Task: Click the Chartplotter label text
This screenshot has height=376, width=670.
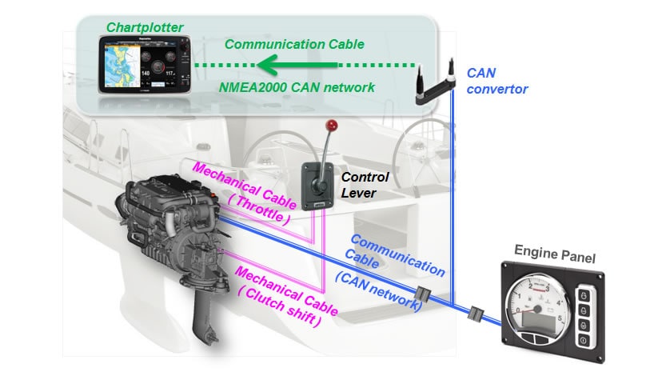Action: (x=145, y=27)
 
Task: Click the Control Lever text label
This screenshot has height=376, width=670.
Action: (x=365, y=184)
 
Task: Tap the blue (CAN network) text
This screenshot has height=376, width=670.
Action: (x=379, y=290)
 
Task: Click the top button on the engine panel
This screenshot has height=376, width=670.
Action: (x=584, y=296)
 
